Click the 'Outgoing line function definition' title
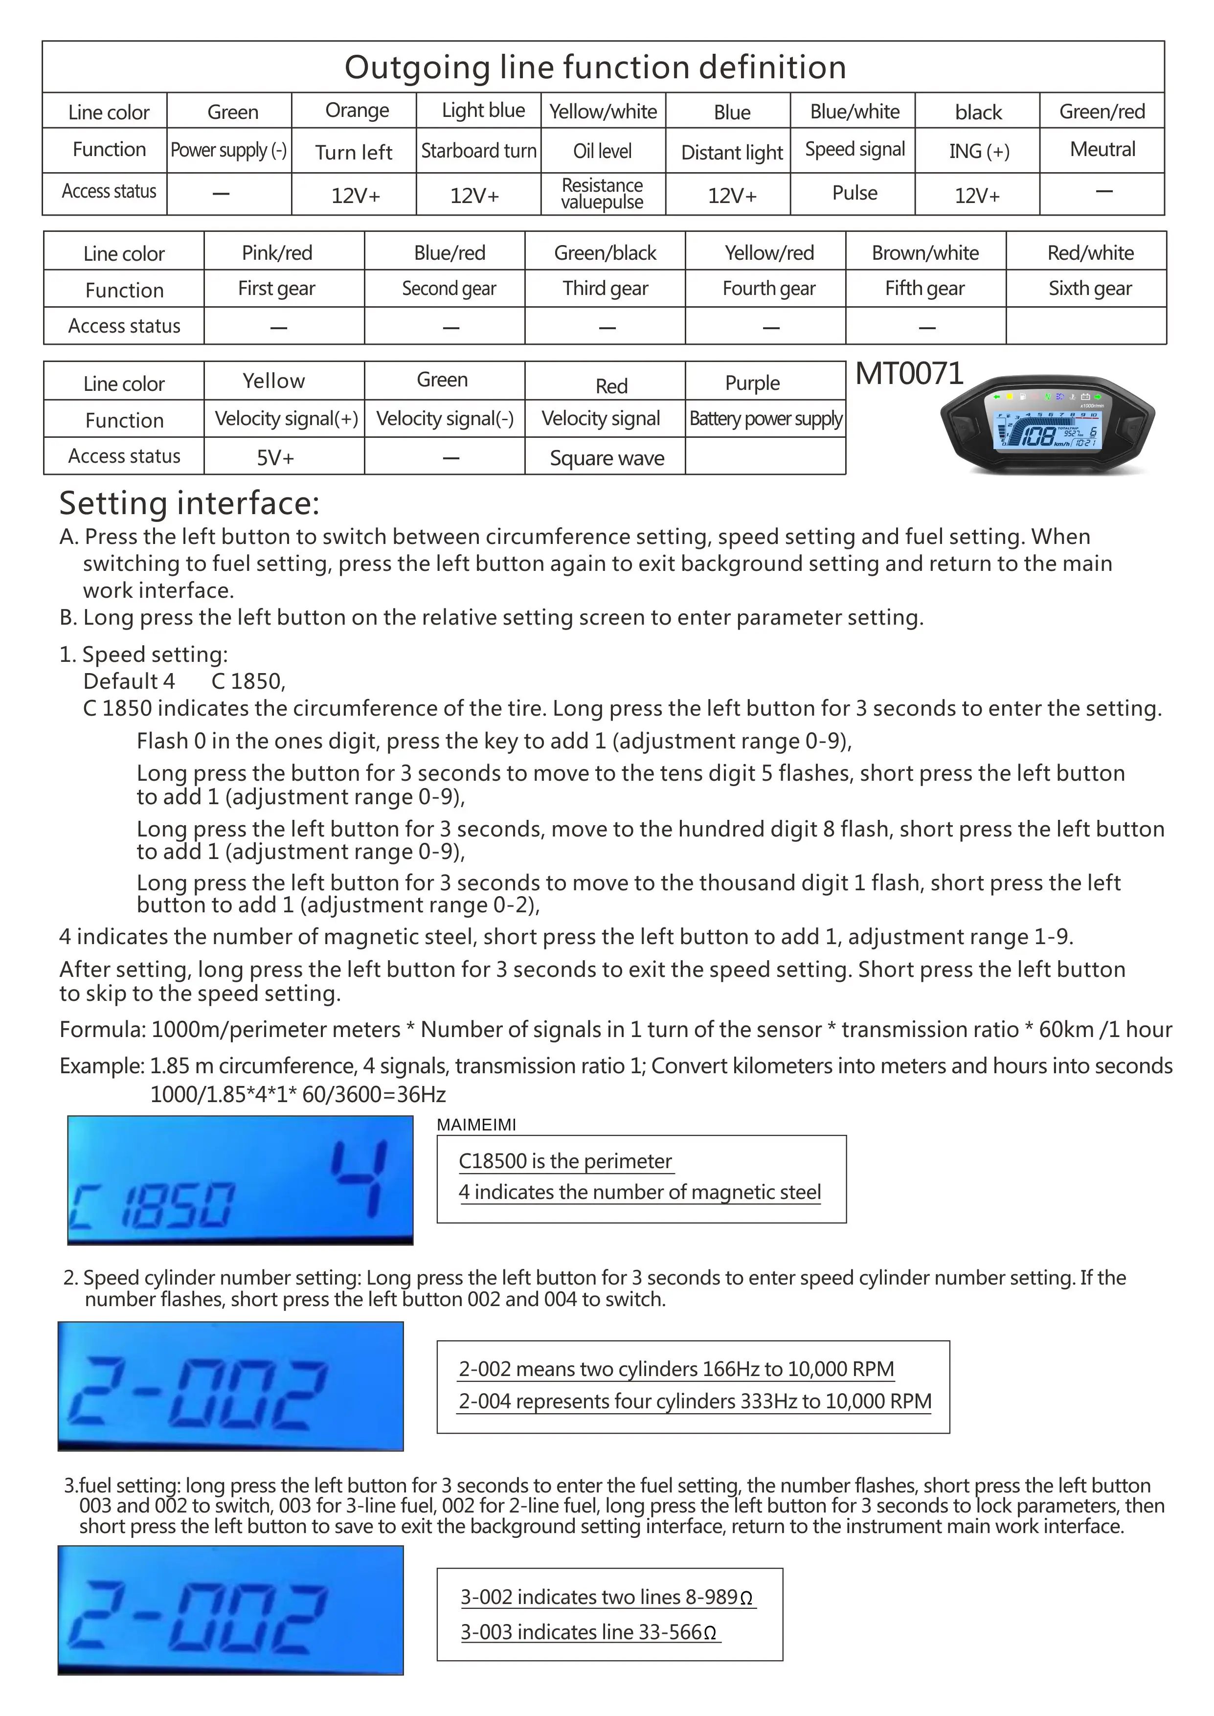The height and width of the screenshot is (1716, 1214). click(x=595, y=68)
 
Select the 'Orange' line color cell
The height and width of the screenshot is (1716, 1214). click(x=357, y=111)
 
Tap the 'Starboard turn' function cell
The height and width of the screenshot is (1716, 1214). click(x=478, y=151)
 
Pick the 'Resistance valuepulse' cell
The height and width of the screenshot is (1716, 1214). click(x=603, y=194)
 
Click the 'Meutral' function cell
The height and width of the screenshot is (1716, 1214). click(x=1102, y=150)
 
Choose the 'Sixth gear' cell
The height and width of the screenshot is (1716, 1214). click(x=1089, y=289)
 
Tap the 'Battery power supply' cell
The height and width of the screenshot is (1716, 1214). click(x=765, y=419)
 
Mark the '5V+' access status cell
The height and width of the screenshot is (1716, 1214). click(x=275, y=457)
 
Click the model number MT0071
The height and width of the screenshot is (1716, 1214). click(x=909, y=374)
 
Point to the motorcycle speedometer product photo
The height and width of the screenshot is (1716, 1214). click(x=1047, y=426)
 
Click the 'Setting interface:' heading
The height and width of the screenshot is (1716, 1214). click(x=189, y=503)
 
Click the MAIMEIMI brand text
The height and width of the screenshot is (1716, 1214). click(x=476, y=1125)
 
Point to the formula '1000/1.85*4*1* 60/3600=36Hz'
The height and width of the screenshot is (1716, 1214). click(x=297, y=1095)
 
